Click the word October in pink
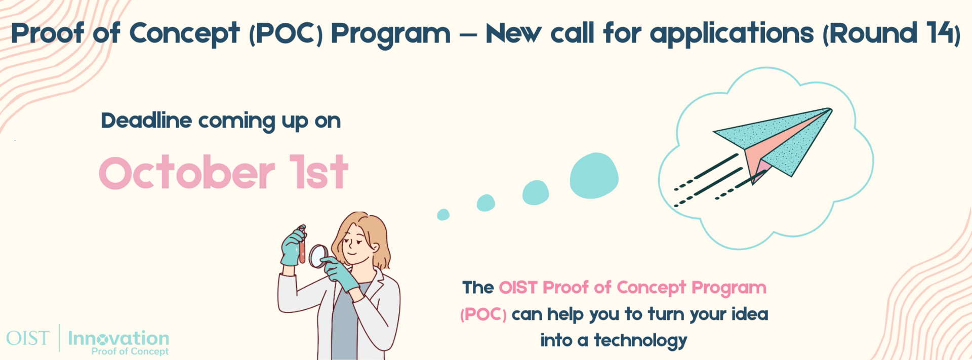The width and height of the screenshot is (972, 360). [x=187, y=173]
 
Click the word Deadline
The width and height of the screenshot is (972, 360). [x=146, y=121]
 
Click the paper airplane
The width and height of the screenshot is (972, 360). [x=775, y=144]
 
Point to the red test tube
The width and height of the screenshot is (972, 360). [x=302, y=246]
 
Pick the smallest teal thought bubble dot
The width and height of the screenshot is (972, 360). [x=443, y=215]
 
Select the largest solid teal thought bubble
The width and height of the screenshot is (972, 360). [x=594, y=175]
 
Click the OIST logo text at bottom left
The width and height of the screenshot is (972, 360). [x=28, y=338]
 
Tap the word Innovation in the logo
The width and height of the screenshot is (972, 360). [x=118, y=338]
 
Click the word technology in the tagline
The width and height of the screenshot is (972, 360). [x=640, y=340]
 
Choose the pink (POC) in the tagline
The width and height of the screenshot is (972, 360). [x=483, y=314]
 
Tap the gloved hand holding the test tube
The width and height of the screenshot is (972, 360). [x=293, y=247]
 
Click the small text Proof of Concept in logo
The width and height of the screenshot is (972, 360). [x=130, y=351]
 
